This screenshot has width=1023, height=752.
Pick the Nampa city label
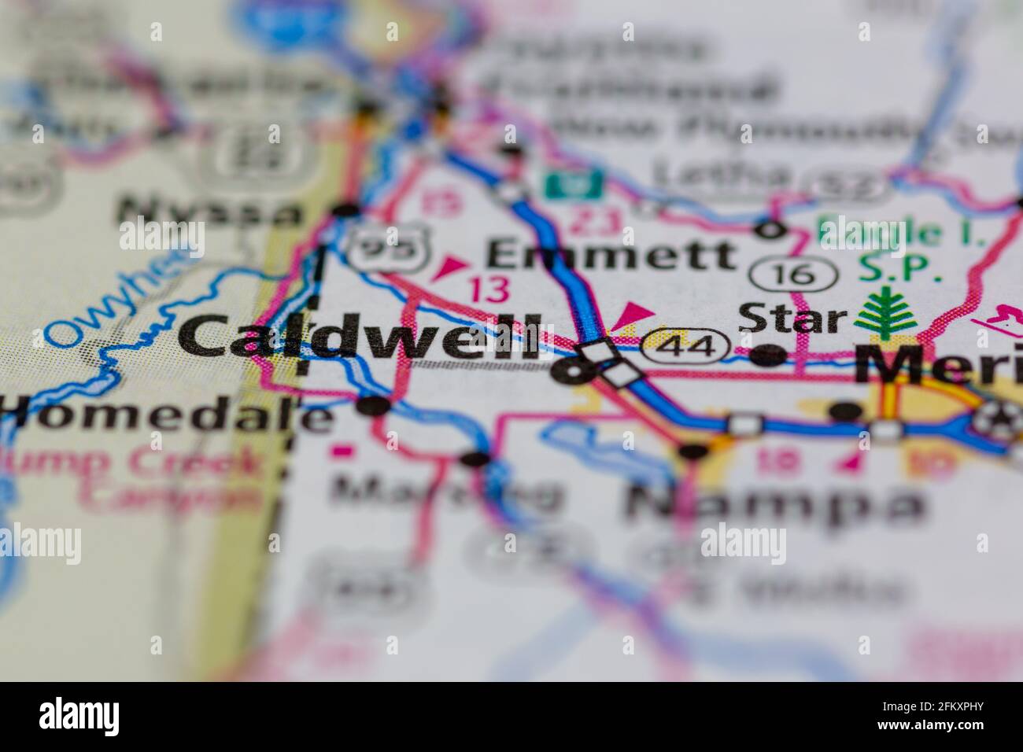775,503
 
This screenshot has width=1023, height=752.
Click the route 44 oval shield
685,346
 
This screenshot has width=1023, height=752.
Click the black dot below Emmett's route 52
770,230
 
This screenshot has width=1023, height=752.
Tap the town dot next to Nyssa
345,211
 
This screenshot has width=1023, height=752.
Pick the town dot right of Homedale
373,406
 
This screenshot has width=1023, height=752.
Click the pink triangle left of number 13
449,268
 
